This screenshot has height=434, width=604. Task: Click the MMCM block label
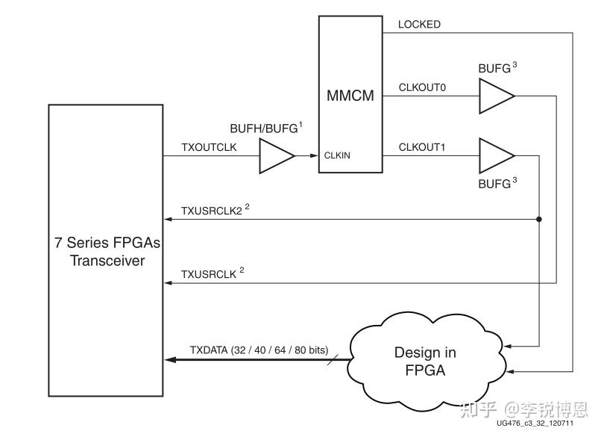coord(350,96)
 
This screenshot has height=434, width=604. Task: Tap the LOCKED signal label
coord(419,25)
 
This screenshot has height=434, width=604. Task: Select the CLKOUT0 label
coord(422,87)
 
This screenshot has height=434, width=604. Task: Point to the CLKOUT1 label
coord(422,147)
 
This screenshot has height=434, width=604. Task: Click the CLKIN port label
coord(337,155)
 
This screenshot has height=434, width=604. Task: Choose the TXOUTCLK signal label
coord(209,147)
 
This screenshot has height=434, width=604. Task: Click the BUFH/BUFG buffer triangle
coord(277,156)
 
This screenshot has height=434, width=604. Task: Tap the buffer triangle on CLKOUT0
coord(497,96)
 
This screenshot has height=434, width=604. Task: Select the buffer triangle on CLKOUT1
coord(497,156)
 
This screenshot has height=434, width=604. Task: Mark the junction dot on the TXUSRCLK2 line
coord(539,219)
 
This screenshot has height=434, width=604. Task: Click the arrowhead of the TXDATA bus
coord(171,359)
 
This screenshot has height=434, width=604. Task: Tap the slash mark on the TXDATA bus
coord(333,359)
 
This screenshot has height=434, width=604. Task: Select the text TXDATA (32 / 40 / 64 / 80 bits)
coord(259,350)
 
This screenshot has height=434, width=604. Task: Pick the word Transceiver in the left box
coord(107,261)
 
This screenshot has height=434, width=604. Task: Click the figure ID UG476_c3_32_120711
coord(535,424)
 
